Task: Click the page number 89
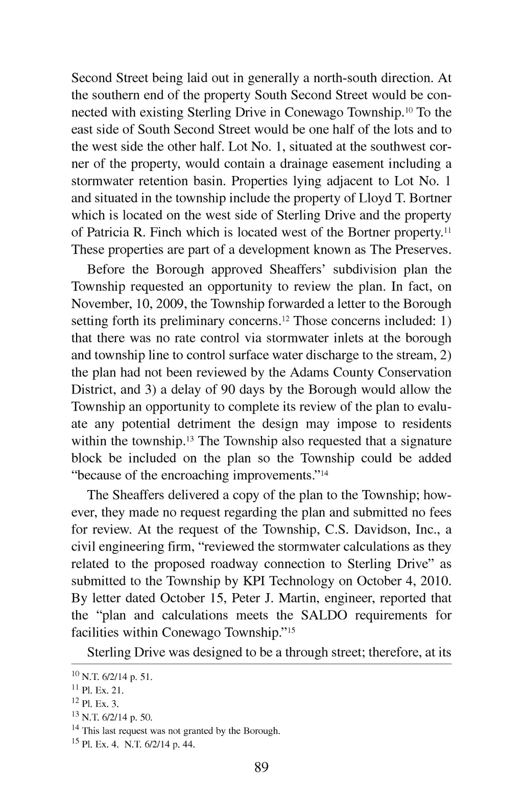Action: [261, 767]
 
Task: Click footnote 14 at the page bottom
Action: [176, 730]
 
